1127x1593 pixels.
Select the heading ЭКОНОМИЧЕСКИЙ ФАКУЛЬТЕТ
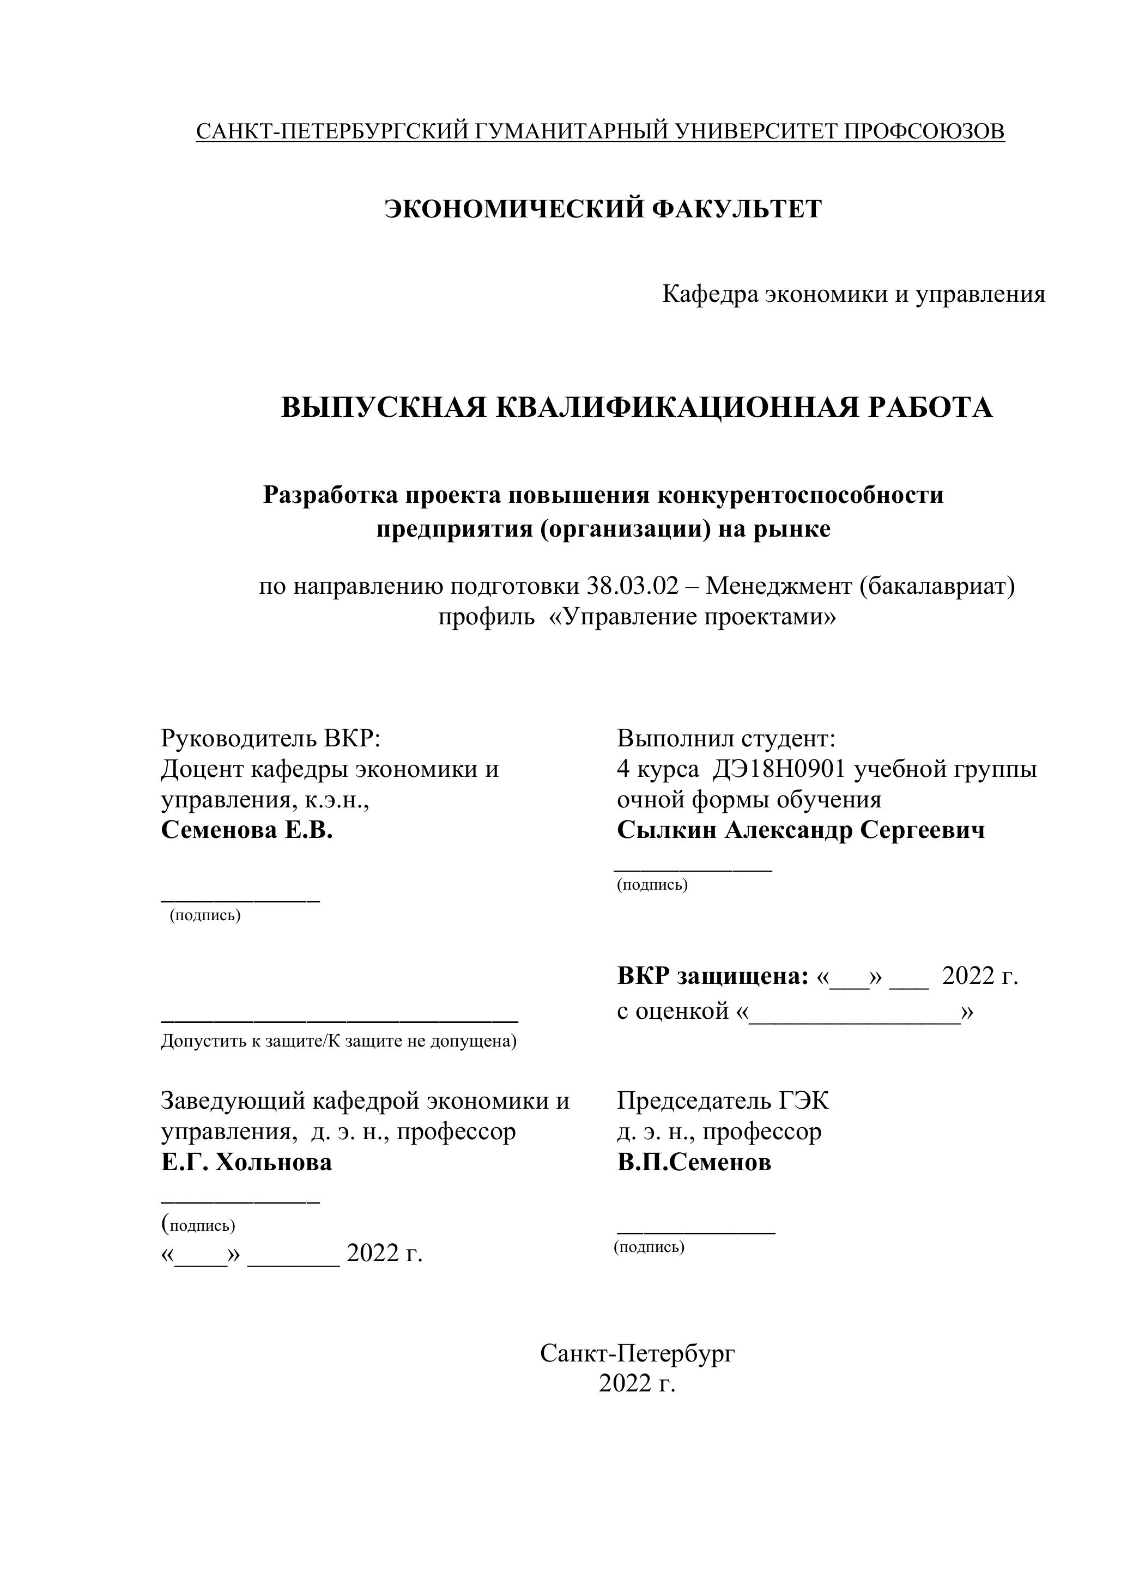point(603,209)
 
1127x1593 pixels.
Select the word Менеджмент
point(779,586)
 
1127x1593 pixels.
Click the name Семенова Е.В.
point(246,830)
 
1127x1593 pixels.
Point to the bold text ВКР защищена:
point(713,976)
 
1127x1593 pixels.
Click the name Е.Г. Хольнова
point(246,1162)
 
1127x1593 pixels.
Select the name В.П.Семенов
point(694,1162)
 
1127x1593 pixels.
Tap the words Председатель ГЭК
point(723,1101)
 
